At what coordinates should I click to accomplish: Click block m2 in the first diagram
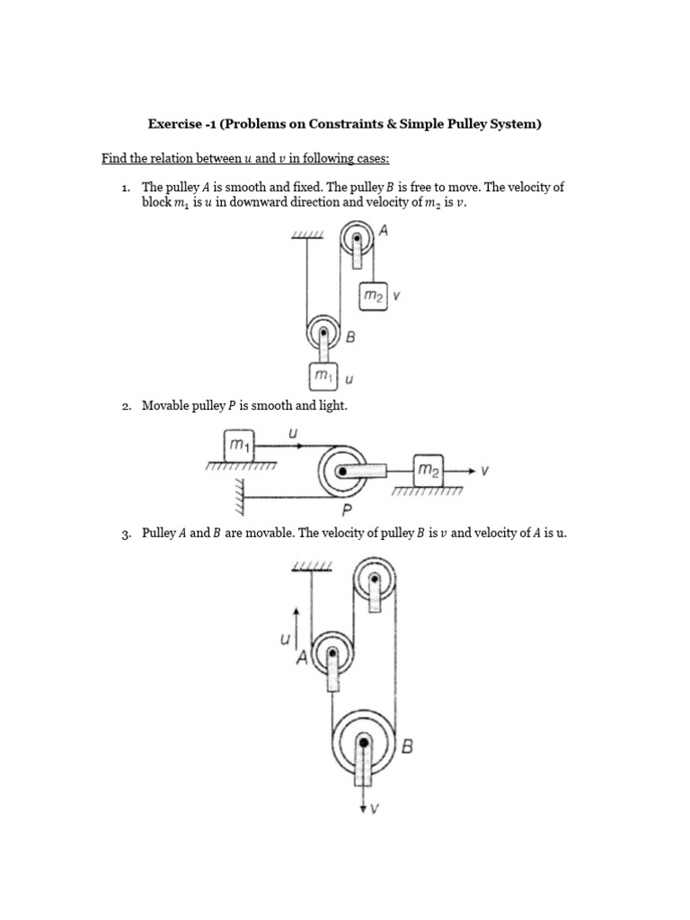pyautogui.click(x=373, y=296)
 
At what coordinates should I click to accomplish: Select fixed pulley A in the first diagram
pyautogui.click(x=356, y=243)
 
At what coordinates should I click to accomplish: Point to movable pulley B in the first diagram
pyautogui.click(x=323, y=333)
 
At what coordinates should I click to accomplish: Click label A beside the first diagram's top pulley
pyautogui.click(x=384, y=230)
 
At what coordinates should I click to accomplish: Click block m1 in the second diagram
pyautogui.click(x=241, y=445)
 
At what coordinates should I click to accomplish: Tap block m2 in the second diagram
pyautogui.click(x=429, y=470)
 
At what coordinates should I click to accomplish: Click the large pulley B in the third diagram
pyautogui.click(x=363, y=743)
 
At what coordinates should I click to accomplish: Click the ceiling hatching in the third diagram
pyautogui.click(x=312, y=565)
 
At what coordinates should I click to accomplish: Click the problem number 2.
pyautogui.click(x=126, y=406)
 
